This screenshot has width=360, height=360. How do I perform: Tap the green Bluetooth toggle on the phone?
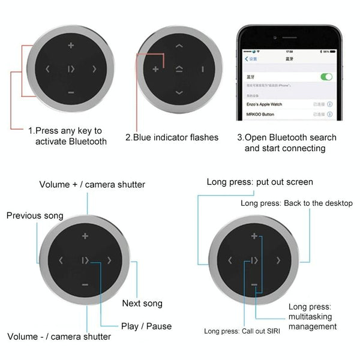pyautogui.click(x=326, y=77)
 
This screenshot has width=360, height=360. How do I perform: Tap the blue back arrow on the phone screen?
pyautogui.click(x=246, y=59)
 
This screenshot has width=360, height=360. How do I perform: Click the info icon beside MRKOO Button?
pyautogui.click(x=329, y=113)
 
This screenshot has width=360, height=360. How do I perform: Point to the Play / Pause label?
pyautogui.click(x=146, y=326)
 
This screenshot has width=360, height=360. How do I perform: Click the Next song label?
pyautogui.click(x=142, y=304)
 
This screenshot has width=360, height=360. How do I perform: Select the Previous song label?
pyautogui.click(x=35, y=215)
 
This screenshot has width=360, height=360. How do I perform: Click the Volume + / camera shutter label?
pyautogui.click(x=92, y=184)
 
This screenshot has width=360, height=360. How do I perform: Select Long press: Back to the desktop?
pyautogui.click(x=296, y=203)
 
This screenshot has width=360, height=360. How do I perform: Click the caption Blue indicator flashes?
pyautogui.click(x=172, y=137)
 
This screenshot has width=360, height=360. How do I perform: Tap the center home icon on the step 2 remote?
pyautogui.click(x=179, y=69)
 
